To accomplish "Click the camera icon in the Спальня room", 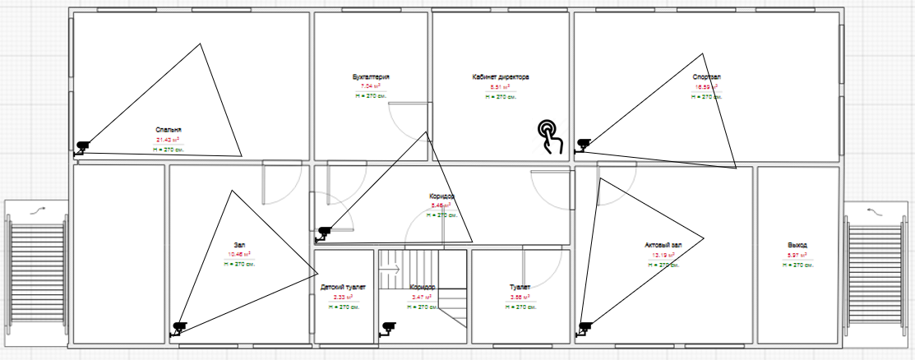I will tap(82, 147).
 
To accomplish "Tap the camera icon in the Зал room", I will tap(178, 329).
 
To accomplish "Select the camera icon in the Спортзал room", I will tap(583, 145).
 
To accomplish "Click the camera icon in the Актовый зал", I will tap(585, 328).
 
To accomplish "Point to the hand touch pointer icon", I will tap(550, 136).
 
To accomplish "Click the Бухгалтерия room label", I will tap(371, 77).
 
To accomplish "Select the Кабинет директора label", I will tap(501, 77).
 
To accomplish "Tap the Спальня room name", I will tap(168, 130).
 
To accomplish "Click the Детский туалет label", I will tap(344, 287).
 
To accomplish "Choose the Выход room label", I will tap(797, 245).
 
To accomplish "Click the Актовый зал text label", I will tap(664, 245).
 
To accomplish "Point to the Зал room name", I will tap(239, 244).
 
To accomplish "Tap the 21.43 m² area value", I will tap(168, 140).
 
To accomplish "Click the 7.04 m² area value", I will tap(371, 86).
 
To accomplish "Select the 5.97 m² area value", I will tap(797, 255).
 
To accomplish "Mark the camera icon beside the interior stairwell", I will tap(387, 330).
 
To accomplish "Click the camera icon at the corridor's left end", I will tap(323, 233).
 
